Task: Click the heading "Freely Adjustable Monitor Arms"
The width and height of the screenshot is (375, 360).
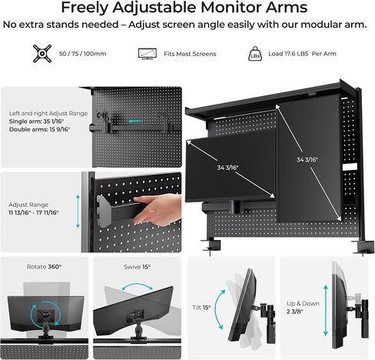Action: pyautogui.click(x=187, y=9)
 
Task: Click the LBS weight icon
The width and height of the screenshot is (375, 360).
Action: pyautogui.click(x=255, y=54)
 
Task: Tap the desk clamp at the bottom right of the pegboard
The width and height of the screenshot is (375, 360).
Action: pyautogui.click(x=361, y=248)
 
